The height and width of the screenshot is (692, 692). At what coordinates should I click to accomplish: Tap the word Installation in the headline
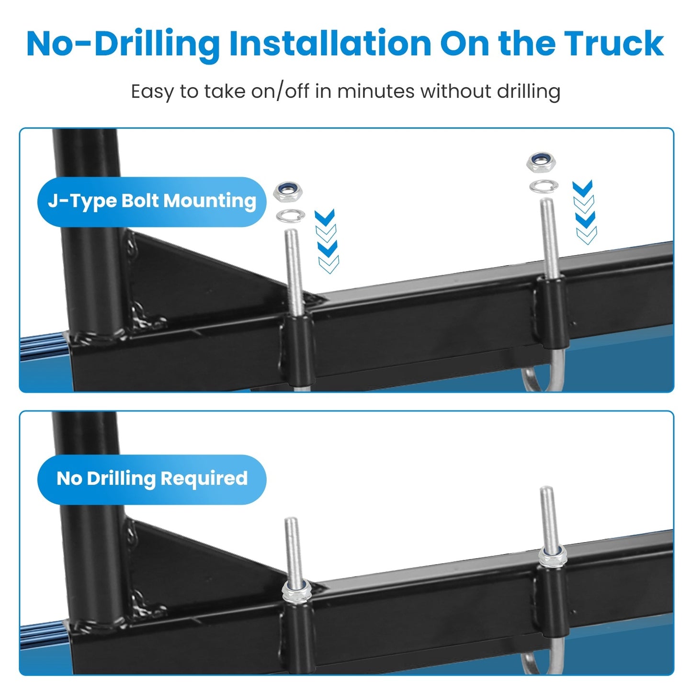click(330, 44)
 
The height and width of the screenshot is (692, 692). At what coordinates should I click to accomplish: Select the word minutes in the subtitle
click(375, 91)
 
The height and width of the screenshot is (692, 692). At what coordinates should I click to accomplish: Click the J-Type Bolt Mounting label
click(152, 201)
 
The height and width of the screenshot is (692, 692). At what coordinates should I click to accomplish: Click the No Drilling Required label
click(152, 478)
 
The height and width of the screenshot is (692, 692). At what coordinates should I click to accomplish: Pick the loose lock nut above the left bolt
click(287, 192)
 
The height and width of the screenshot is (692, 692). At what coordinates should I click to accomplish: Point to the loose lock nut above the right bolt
click(541, 162)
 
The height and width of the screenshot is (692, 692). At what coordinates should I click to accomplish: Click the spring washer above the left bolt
click(290, 216)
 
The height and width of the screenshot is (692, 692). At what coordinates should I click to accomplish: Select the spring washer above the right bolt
click(544, 186)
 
